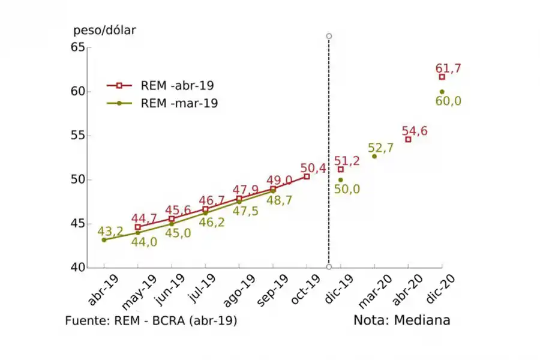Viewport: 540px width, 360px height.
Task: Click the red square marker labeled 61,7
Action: click(x=442, y=77)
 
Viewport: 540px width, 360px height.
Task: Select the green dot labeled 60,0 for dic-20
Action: click(x=442, y=92)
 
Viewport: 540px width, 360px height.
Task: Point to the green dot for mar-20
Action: click(x=374, y=157)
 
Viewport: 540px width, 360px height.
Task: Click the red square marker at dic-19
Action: click(x=341, y=169)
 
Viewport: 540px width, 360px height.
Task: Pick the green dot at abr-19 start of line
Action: click(x=104, y=240)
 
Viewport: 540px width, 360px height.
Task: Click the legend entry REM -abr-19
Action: click(x=173, y=86)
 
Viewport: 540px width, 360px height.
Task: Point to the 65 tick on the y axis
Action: click(x=77, y=48)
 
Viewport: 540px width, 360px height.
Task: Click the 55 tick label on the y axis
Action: click(x=77, y=136)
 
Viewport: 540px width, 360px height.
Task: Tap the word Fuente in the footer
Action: click(x=86, y=321)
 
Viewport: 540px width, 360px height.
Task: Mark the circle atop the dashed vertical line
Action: click(x=329, y=37)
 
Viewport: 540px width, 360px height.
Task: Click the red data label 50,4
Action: click(x=313, y=169)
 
